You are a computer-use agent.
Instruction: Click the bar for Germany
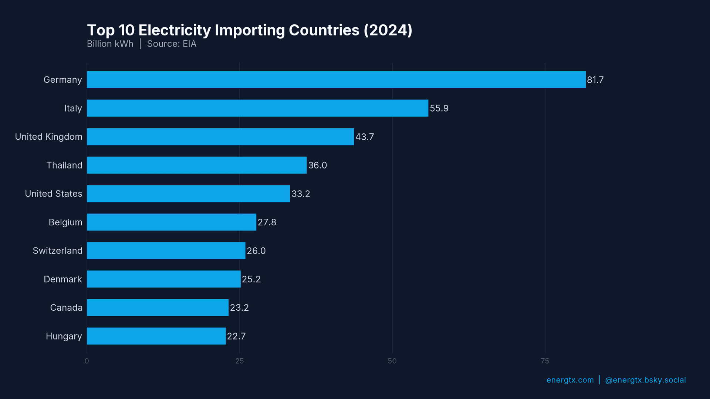(x=336, y=80)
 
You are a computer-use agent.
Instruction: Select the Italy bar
(x=257, y=108)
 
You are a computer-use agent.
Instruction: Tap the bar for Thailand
(x=197, y=165)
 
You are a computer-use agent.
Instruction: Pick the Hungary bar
(x=156, y=336)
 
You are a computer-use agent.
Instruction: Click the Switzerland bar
(x=166, y=251)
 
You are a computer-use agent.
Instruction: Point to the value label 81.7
(x=595, y=80)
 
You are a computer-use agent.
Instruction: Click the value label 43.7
(x=365, y=137)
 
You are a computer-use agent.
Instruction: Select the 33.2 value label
(x=301, y=194)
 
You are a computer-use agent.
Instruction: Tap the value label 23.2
(x=239, y=308)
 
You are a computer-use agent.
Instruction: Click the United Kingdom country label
(x=48, y=137)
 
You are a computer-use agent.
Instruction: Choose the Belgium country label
(x=65, y=222)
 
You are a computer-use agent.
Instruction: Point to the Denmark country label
(x=63, y=279)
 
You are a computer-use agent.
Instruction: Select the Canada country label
(x=66, y=308)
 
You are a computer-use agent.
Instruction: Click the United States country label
(x=54, y=194)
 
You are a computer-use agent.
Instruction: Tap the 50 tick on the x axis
(x=392, y=361)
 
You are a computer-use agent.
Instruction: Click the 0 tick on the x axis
(x=87, y=361)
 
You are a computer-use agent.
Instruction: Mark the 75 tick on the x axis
(x=545, y=361)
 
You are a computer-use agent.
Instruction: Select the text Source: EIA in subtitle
(x=172, y=44)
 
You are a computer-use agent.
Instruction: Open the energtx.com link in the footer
(x=570, y=380)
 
